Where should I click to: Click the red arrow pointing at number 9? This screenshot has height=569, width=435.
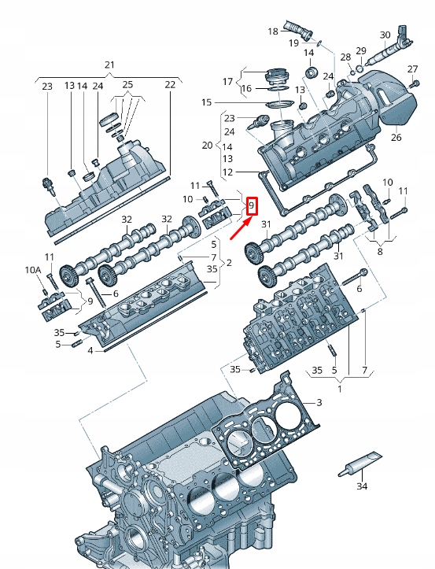(239, 229)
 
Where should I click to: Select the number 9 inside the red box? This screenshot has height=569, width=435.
(252, 206)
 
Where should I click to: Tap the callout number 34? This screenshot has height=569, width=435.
(361, 487)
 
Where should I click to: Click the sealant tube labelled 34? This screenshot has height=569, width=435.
(361, 464)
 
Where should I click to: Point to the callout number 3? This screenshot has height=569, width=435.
(319, 403)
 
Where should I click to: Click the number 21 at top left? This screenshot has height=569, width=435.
(109, 65)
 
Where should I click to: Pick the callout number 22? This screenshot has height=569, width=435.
(170, 85)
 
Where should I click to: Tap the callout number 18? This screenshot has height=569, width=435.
(273, 31)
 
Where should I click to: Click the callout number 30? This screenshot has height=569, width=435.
(385, 35)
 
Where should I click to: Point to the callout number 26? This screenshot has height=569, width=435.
(396, 138)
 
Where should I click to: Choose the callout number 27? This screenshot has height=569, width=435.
(413, 70)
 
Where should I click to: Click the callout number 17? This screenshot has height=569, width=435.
(228, 82)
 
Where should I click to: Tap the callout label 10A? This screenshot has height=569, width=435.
(32, 270)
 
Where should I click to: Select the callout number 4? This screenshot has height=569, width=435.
(90, 350)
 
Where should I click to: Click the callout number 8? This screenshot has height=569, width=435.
(381, 252)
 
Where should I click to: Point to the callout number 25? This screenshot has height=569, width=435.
(127, 85)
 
